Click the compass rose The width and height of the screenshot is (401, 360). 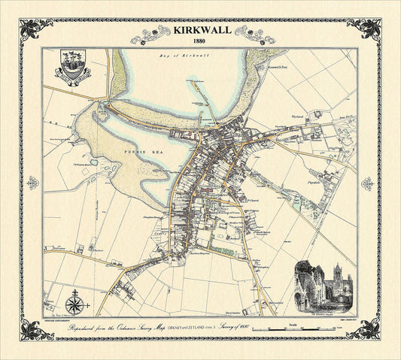(x=75, y=304)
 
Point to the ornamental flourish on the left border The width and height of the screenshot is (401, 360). (x=32, y=183)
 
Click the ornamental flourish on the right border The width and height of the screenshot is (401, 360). (x=367, y=183)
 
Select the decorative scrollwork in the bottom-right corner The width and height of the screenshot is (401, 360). (x=365, y=329)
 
